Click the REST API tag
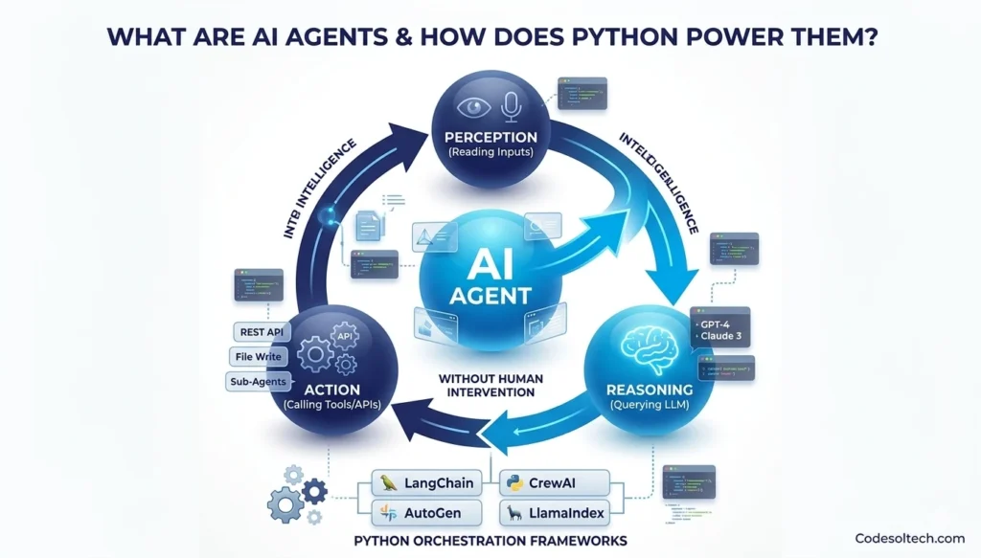[x=261, y=332]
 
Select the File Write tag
[x=258, y=357]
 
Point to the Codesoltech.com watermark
[x=910, y=539]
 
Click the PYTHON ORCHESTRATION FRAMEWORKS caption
[x=490, y=543]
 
